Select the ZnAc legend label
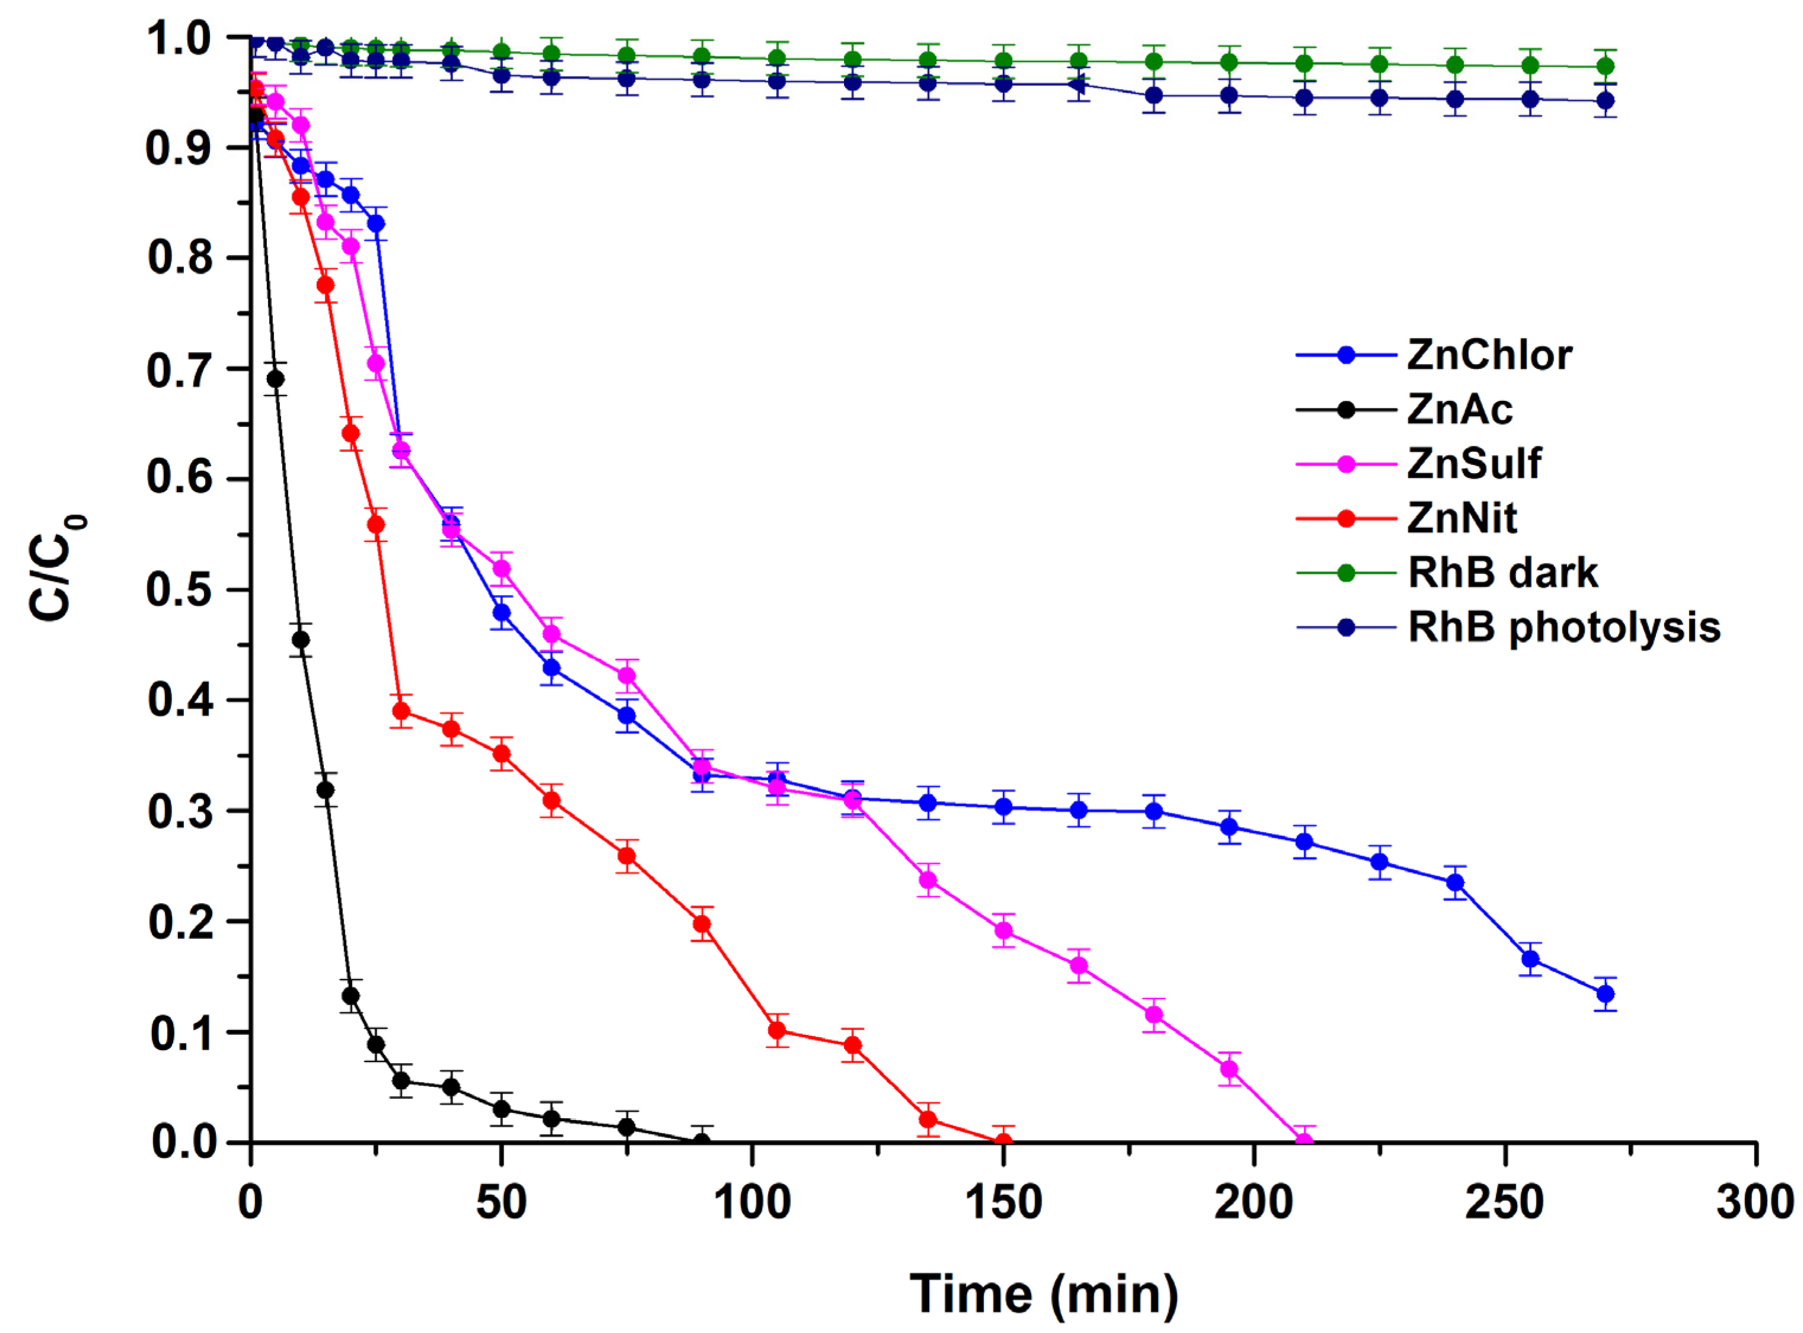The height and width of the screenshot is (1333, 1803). click(1459, 409)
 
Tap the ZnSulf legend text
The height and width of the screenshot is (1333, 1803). click(1474, 463)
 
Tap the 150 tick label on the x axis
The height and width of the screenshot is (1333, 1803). click(1003, 1203)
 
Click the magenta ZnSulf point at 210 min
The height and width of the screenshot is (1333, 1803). click(1304, 1141)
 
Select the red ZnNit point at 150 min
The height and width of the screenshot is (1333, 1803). click(1003, 1141)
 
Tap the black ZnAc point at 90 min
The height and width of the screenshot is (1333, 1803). click(702, 1141)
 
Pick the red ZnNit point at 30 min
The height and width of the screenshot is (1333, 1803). click(401, 711)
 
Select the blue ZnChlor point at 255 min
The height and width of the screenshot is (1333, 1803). click(1530, 959)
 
